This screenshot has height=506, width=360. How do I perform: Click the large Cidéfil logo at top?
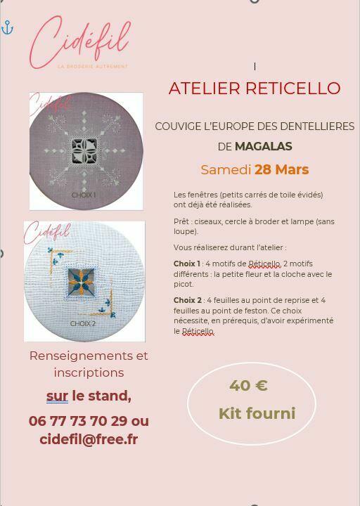pyautogui.click(x=79, y=42)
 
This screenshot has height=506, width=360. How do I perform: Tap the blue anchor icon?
pyautogui.click(x=7, y=27)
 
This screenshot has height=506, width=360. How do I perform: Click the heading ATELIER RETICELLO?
pyautogui.click(x=255, y=88)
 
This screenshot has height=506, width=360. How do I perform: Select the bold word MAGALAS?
pyautogui.click(x=264, y=146)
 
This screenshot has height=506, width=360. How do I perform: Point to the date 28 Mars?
pyautogui.click(x=281, y=170)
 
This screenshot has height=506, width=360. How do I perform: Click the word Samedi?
pyautogui.click(x=226, y=170)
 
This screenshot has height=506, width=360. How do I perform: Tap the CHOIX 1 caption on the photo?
pyautogui.click(x=83, y=195)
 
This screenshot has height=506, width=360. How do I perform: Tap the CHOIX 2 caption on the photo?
pyautogui.click(x=83, y=324)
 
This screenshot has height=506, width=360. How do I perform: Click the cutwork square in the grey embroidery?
pyautogui.click(x=84, y=151)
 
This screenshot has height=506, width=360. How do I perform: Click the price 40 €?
pyautogui.click(x=248, y=385)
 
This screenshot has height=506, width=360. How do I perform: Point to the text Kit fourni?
pyautogui.click(x=257, y=413)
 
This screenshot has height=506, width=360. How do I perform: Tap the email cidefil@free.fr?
pyautogui.click(x=89, y=439)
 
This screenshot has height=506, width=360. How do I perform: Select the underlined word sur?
pyautogui.click(x=57, y=396)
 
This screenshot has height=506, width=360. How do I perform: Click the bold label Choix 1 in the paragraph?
pyautogui.click(x=187, y=264)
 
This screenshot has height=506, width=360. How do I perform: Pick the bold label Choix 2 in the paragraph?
pyautogui.click(x=188, y=300)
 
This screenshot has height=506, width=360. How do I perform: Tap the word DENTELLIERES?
pyautogui.click(x=317, y=126)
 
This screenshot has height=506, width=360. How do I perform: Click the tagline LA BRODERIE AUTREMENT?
pyautogui.click(x=93, y=67)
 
